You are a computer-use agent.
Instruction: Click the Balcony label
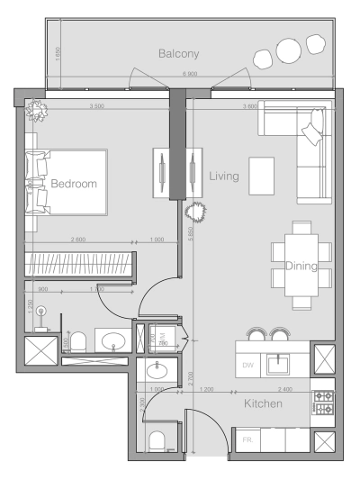pos(178,54)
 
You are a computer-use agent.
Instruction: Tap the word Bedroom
pos(73,184)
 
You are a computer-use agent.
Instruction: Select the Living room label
pos(224,177)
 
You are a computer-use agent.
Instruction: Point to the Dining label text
pos(301,266)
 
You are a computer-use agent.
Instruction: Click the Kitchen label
pos(264,404)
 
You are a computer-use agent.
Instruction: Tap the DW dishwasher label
pos(248,365)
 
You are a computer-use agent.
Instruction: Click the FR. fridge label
pos(247,439)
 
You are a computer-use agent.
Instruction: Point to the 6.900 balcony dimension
pos(190,74)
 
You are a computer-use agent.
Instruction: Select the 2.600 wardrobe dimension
pos(79,240)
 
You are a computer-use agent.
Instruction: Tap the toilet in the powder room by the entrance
pos(159,441)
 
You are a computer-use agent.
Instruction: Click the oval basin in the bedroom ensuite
pos(113,340)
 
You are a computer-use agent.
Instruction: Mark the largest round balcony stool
pos(288,50)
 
